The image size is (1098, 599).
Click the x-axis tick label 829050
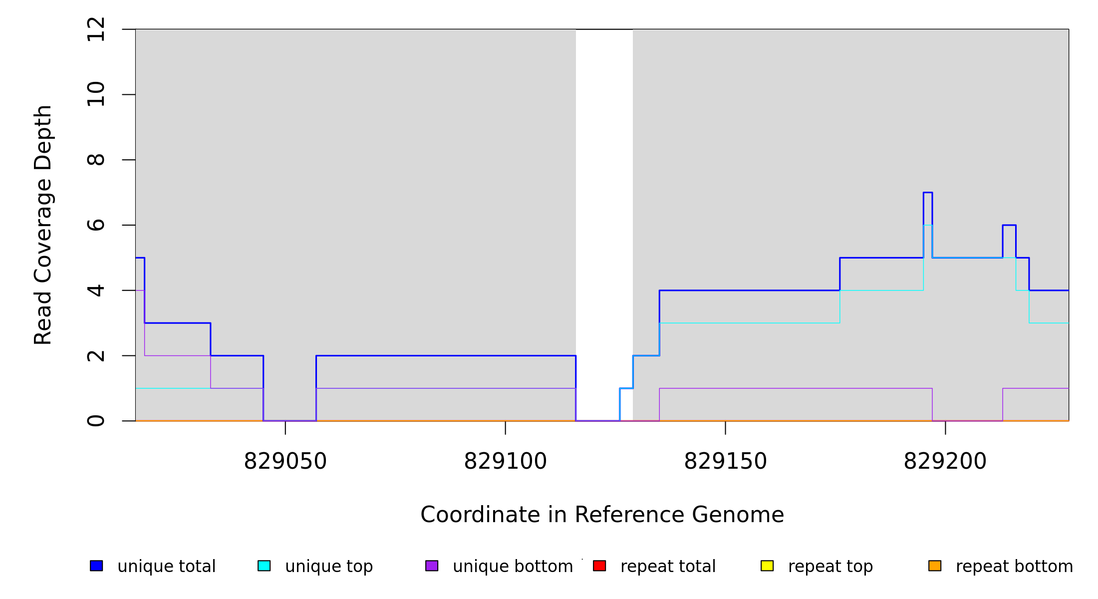285,461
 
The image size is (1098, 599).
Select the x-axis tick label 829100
505,461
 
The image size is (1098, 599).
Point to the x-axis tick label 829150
725,461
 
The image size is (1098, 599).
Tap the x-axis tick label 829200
945,461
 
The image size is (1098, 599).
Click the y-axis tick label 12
96,29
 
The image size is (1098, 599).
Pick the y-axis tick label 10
96,94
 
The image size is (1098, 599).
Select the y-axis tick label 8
96,160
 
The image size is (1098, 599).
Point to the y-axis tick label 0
96,421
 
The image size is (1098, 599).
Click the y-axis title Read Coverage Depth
43,225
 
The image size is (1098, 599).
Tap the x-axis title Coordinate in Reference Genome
602,515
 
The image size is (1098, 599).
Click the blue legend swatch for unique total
96,566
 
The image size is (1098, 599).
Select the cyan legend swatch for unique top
264,566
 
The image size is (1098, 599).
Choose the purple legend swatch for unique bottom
432,566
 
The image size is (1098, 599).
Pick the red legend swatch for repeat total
599,566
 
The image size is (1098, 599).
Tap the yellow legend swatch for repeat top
767,566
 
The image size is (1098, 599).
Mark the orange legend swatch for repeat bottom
935,566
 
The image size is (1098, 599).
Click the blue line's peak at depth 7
928,193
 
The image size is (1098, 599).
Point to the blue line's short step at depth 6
1009,225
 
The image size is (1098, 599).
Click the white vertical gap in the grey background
604,200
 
